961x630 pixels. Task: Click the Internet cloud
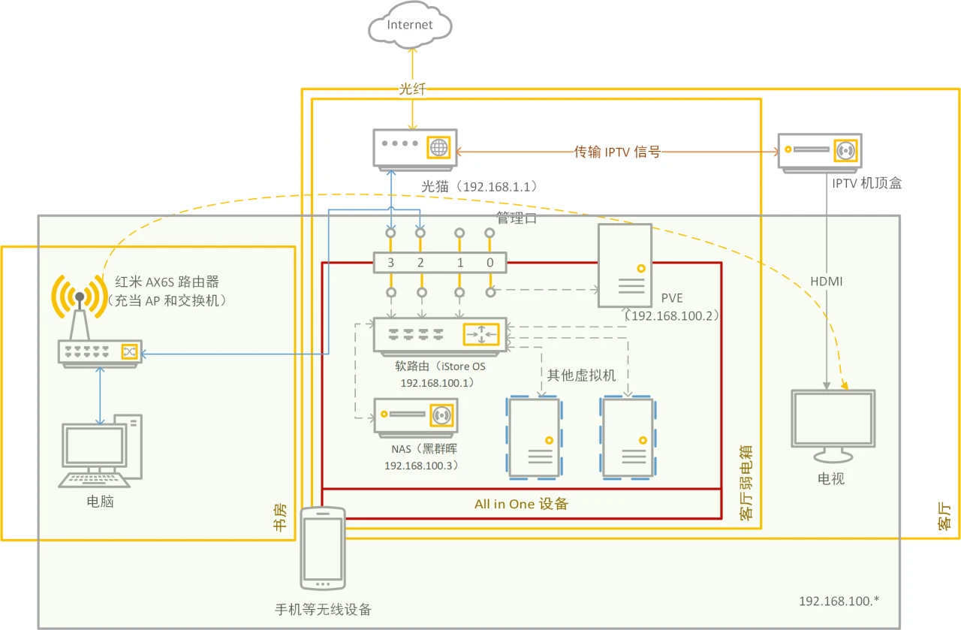coord(410,26)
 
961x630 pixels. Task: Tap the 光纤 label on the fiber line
coord(411,89)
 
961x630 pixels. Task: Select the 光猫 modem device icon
coord(412,149)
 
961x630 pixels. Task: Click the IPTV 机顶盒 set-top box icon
coord(819,152)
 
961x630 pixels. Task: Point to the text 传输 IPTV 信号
coord(617,152)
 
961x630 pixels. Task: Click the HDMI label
coord(827,281)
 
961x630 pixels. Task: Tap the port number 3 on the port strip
coord(390,263)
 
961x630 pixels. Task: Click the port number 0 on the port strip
coord(490,263)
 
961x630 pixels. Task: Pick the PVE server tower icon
coord(625,266)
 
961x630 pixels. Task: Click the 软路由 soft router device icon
coord(440,335)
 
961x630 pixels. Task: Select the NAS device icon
coord(416,416)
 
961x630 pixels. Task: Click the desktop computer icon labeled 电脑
coord(99,451)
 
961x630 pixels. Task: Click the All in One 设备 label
coord(521,504)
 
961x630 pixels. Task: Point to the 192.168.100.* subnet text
coord(839,601)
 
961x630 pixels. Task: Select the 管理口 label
coord(517,219)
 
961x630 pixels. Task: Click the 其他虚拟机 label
coord(581,375)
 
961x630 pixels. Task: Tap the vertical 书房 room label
coord(280,517)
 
